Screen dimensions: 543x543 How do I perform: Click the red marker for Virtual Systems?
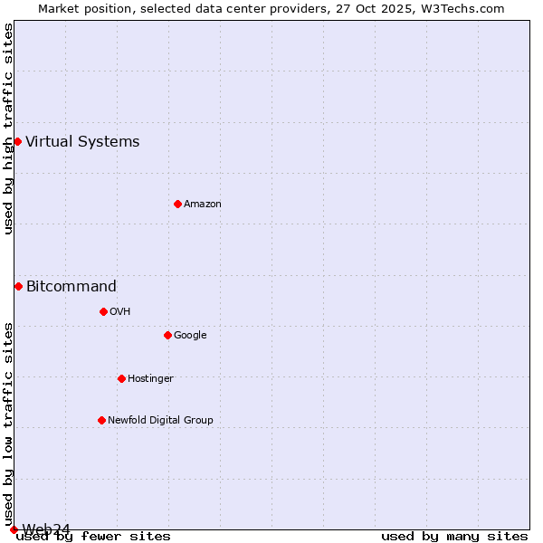pyautogui.click(x=17, y=141)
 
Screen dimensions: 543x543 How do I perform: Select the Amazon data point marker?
pyautogui.click(x=177, y=204)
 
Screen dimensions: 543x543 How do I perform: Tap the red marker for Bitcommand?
pyautogui.click(x=18, y=286)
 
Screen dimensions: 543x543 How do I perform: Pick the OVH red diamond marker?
pyautogui.click(x=103, y=311)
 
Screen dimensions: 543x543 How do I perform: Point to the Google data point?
pyautogui.click(x=167, y=335)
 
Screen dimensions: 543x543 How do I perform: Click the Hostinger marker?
pyautogui.click(x=121, y=378)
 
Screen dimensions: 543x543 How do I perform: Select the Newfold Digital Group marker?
pyautogui.click(x=101, y=420)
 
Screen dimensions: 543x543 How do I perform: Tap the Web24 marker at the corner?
pyautogui.click(x=14, y=529)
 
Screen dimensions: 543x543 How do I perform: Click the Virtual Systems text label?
pyautogui.click(x=82, y=141)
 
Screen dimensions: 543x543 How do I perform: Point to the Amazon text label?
pyautogui.click(x=203, y=204)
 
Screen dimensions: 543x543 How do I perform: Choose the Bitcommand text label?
pyautogui.click(x=71, y=286)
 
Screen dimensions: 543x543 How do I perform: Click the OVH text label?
pyautogui.click(x=120, y=311)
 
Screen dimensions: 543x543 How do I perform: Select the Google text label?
pyautogui.click(x=190, y=335)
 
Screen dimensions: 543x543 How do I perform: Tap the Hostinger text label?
pyautogui.click(x=150, y=378)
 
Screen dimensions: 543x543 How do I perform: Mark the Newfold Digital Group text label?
pyautogui.click(x=160, y=420)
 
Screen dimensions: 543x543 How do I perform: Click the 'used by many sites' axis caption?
pyautogui.click(x=454, y=536)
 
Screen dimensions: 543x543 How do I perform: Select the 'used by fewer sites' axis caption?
pyautogui.click(x=93, y=536)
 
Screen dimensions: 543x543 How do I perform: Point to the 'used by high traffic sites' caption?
pyautogui.click(x=8, y=129)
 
